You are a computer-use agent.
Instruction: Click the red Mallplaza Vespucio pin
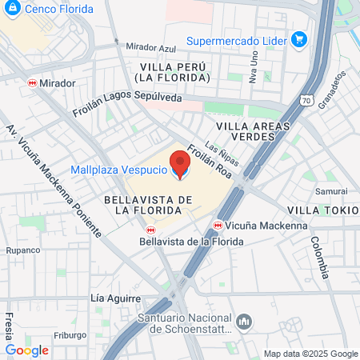181,169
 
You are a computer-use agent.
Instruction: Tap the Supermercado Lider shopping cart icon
299,39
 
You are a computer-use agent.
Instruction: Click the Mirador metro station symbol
32,82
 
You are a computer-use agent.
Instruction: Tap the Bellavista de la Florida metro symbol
150,230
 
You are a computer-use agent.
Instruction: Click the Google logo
26,350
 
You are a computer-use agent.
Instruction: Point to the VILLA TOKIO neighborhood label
322,210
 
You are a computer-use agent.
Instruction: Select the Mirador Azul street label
150,48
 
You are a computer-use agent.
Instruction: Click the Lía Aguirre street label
110,298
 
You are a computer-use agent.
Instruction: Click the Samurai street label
330,191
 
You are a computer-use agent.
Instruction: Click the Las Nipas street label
222,150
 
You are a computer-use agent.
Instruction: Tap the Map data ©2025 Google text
311,354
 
